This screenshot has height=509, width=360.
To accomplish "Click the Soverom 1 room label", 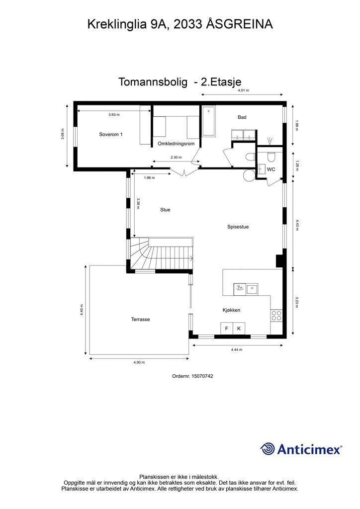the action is click(111, 134).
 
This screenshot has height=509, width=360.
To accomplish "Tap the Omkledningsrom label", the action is click(176, 144).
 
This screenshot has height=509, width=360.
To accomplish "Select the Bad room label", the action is click(242, 117).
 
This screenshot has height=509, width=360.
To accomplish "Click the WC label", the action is click(271, 169).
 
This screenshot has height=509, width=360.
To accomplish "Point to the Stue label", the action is click(165, 210).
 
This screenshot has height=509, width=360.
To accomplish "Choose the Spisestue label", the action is click(238, 227).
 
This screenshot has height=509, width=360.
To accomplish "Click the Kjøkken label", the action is click(231, 310).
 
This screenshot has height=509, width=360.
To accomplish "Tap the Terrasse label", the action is click(141, 320).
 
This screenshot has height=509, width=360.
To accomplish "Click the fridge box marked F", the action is click(227, 329).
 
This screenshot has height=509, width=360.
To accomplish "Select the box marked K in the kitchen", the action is click(239, 329).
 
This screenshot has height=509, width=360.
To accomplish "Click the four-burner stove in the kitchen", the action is click(276, 316).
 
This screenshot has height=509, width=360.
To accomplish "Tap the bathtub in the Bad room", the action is click(208, 121).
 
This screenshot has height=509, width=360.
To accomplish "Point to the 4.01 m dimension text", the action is click(243, 90).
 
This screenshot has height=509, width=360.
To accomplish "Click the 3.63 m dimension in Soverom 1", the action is click(114, 115).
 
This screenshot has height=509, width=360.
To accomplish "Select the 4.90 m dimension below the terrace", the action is click(139, 362).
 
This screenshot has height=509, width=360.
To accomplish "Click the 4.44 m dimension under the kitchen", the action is click(237, 349).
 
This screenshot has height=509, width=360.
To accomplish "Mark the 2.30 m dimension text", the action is click(176, 158).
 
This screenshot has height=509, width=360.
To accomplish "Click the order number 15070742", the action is click(202, 376).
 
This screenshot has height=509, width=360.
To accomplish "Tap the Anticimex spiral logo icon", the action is click(268, 449).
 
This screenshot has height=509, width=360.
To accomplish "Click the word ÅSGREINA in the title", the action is click(240, 24).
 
